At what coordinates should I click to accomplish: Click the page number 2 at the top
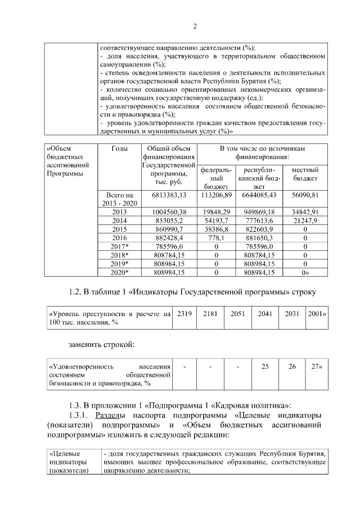(x=195, y=26)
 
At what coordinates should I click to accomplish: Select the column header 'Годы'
(x=119, y=148)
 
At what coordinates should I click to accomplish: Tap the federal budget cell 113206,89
(x=216, y=195)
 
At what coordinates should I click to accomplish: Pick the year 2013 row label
(x=119, y=211)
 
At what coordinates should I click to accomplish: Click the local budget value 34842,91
(x=305, y=211)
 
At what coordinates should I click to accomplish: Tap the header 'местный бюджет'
(x=305, y=174)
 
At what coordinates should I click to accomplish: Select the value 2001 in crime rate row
(x=317, y=313)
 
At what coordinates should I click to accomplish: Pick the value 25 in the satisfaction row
(x=265, y=366)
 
